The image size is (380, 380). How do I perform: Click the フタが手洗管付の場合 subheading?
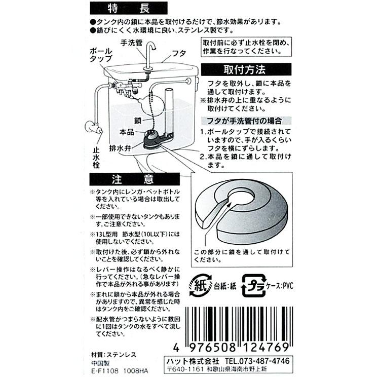[x=245, y=121]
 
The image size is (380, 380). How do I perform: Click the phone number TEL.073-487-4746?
[x=258, y=361]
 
